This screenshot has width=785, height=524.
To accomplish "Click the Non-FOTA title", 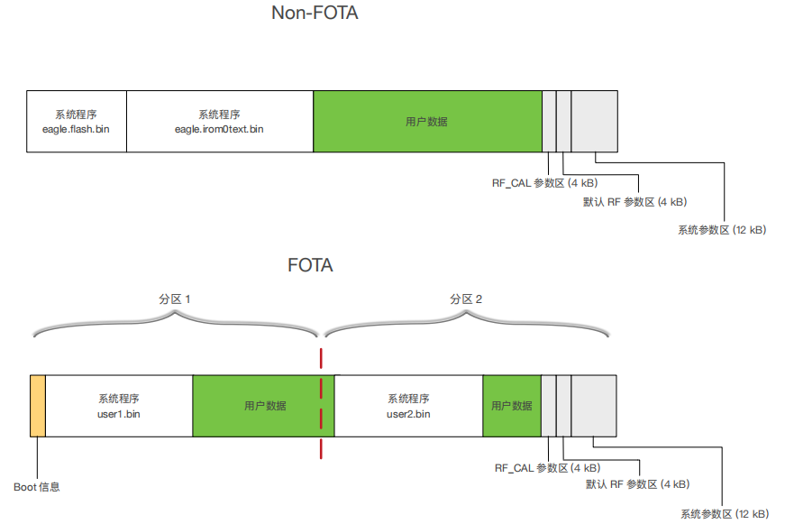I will tap(315, 14).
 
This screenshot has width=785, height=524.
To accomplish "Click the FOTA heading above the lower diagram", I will tap(310, 265).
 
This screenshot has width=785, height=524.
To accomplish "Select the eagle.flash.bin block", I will tap(76, 121).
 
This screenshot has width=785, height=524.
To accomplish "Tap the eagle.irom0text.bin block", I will tap(219, 121).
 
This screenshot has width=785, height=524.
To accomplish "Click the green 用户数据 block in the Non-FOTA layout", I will tap(427, 121).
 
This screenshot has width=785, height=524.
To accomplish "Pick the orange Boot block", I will tap(37, 406).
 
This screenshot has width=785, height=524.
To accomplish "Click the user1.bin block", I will tap(119, 406).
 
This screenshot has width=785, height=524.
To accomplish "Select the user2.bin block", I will tap(408, 406).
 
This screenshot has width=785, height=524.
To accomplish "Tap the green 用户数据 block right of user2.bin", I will tap(511, 406).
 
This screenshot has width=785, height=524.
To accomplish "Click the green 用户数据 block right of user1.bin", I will tap(263, 406).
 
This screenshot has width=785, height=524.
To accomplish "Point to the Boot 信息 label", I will tap(37, 487).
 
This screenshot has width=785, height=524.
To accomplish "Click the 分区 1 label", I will tap(175, 299).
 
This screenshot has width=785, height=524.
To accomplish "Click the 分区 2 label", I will tap(466, 299).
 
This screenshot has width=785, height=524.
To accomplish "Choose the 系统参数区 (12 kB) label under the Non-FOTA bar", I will tap(722, 230).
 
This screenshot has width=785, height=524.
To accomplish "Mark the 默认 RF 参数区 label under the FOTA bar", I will tap(637, 485).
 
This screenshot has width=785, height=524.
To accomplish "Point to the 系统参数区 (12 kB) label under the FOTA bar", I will tap(725, 514).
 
